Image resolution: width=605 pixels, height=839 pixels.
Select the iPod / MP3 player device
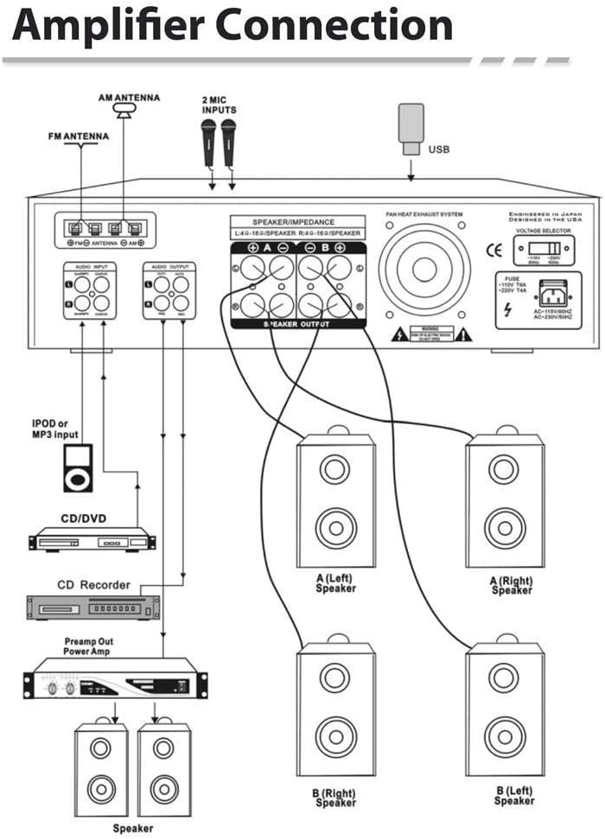(x=78, y=468)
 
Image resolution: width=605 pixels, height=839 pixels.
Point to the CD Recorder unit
(x=93, y=608)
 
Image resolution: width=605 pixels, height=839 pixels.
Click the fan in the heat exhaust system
(x=424, y=269)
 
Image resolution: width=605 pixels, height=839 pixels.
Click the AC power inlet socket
(x=553, y=292)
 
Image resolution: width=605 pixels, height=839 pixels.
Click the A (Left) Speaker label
(x=335, y=583)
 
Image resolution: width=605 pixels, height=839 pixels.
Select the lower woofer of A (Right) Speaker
(x=504, y=527)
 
